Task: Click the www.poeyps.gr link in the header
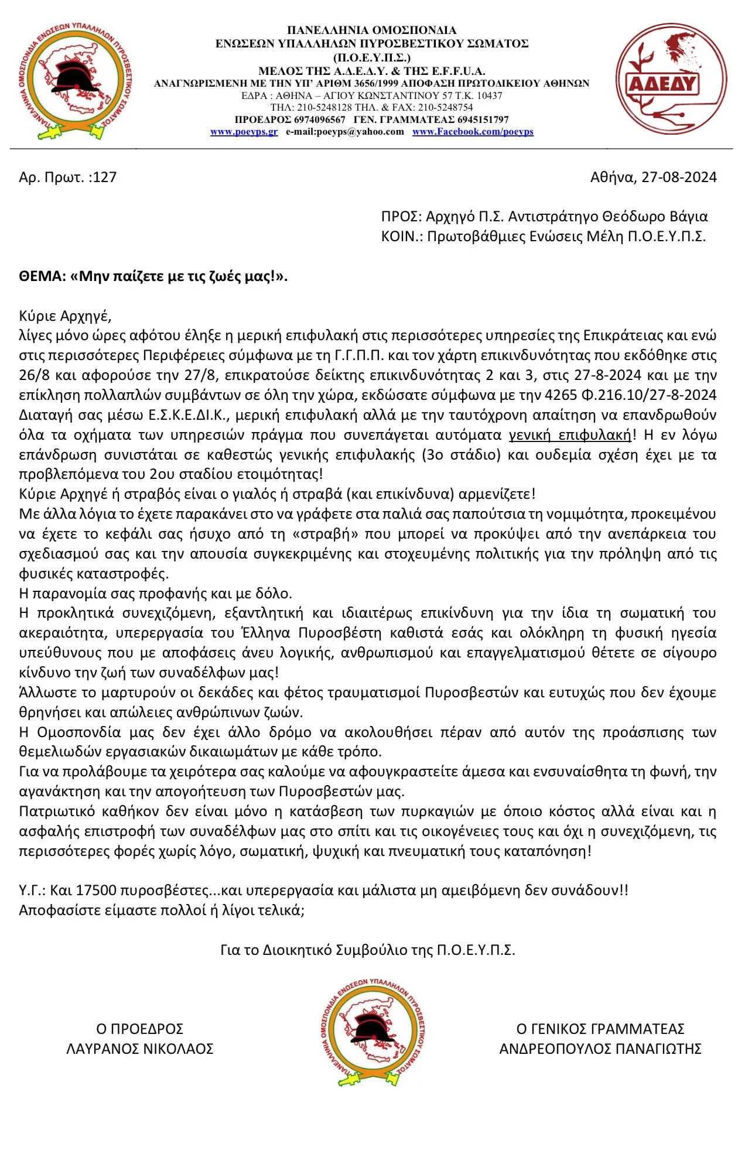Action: tap(244, 132)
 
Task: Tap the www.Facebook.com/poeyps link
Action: tap(473, 132)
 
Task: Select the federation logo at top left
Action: tap(75, 81)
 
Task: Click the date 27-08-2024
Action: tap(679, 177)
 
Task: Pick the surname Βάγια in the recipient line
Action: tap(688, 217)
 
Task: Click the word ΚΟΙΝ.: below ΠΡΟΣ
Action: tap(401, 237)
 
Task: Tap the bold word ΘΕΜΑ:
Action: tap(42, 276)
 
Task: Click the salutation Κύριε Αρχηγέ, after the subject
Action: tap(65, 316)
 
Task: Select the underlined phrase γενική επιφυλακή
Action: tap(570, 435)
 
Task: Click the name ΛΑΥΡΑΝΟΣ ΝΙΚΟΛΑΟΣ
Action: tap(139, 1049)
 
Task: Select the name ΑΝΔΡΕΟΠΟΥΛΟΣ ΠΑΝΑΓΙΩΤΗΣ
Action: tap(600, 1049)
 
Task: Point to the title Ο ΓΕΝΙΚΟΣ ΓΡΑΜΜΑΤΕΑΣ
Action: tap(600, 1029)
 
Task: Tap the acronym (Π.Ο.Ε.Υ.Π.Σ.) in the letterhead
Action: tap(372, 57)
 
